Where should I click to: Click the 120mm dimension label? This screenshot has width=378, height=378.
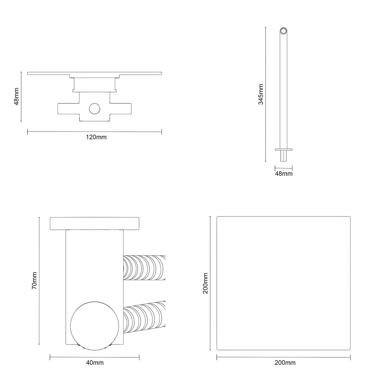click(96, 137)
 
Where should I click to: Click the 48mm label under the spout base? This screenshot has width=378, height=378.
click(283, 174)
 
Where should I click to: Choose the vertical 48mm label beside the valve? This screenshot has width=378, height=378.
click(17, 96)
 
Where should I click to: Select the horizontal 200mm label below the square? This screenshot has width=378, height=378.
click(285, 363)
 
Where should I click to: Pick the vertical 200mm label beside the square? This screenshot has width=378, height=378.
click(206, 283)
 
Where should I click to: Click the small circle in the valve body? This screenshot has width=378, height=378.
click(95, 109)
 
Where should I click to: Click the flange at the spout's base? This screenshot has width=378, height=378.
click(283, 150)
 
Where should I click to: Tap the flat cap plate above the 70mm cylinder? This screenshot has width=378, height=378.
click(94, 223)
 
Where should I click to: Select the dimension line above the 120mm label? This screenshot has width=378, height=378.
click(94, 132)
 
